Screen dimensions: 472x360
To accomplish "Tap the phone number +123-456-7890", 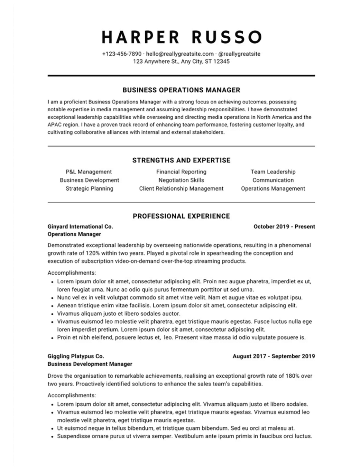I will pyautogui.click(x=122, y=54).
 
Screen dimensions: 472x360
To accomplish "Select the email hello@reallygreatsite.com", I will pyautogui.click(x=180, y=54).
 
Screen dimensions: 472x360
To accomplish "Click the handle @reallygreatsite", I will pyautogui.click(x=239, y=54).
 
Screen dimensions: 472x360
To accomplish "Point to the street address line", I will pyautogui.click(x=181, y=62).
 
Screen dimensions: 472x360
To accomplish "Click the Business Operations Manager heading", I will pyautogui.click(x=181, y=90).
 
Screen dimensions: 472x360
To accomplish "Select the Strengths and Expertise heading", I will pyautogui.click(x=181, y=160).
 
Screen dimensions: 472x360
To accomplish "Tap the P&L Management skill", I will pyautogui.click(x=89, y=172).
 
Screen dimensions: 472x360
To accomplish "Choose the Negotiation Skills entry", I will pyautogui.click(x=181, y=180).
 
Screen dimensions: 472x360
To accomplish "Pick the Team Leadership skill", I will pyautogui.click(x=273, y=172).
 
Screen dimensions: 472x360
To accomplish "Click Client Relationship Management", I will pyautogui.click(x=181, y=188).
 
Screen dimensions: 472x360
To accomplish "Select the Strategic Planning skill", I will pyautogui.click(x=89, y=188).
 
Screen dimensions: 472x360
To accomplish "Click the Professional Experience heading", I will pyautogui.click(x=181, y=216).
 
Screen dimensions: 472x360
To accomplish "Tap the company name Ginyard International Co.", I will pyautogui.click(x=80, y=227).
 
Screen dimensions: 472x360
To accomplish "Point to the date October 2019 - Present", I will pyautogui.click(x=284, y=227).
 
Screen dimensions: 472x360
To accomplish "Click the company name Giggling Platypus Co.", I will pyautogui.click(x=76, y=356).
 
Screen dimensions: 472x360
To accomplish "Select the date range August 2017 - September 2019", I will pyautogui.click(x=274, y=356).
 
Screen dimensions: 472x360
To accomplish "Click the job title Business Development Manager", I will pyautogui.click(x=90, y=364).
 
